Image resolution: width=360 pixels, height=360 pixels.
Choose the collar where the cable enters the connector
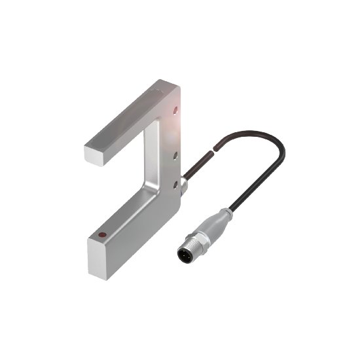(227, 212)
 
